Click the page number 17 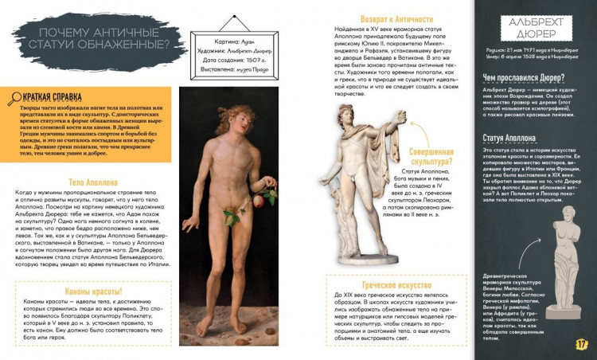click(581, 344)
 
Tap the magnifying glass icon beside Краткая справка click(14, 99)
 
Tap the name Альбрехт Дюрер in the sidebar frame click(535, 29)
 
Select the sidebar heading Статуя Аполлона click(512, 138)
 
